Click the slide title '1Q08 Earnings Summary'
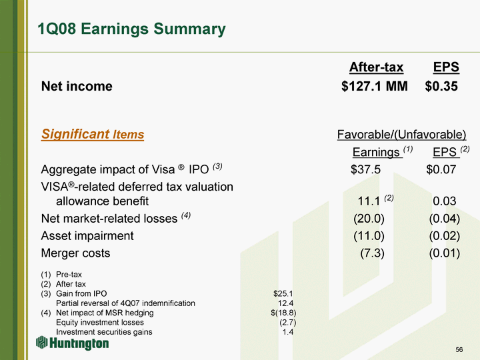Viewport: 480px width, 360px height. tap(131, 29)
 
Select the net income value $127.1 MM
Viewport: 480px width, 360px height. tap(375, 86)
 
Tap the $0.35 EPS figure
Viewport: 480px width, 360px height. tap(441, 86)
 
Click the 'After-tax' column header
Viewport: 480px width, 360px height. tap(376, 67)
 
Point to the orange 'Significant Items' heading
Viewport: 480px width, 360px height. tap(93, 134)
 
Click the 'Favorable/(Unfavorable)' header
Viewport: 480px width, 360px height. tap(401, 135)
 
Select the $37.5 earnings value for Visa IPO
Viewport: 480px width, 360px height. tap(365, 169)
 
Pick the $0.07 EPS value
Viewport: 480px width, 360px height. tap(441, 169)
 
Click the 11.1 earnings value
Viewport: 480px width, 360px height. tap(369, 201)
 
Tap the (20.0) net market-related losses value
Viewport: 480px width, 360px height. tap(369, 219)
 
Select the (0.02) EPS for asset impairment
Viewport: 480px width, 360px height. tap(445, 236)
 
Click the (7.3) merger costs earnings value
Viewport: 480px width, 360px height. tap(372, 253)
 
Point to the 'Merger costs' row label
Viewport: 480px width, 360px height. tap(75, 253)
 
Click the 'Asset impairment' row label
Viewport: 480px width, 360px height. tap(87, 236)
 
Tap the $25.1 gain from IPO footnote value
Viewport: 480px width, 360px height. tap(283, 293)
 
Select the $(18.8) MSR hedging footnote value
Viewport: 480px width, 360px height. tap(283, 313)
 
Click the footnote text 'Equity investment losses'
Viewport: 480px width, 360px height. tap(100, 323)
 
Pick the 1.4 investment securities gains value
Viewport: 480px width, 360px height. tap(288, 332)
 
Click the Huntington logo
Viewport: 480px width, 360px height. tap(72, 343)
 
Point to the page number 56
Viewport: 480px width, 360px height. tap(459, 349)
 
